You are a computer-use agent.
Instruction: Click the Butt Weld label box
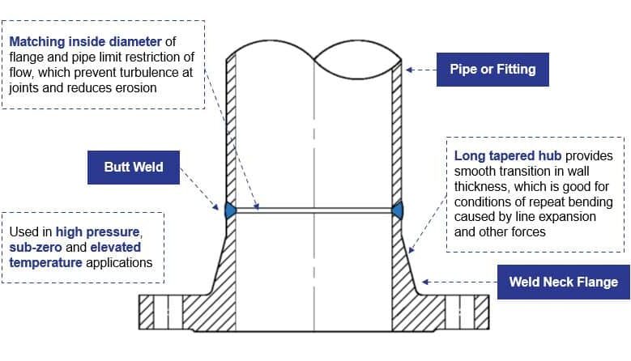tap(134, 168)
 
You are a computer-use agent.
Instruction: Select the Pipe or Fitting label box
tap(492, 70)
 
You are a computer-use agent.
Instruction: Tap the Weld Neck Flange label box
tap(563, 282)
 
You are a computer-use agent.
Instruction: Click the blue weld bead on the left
tap(229, 210)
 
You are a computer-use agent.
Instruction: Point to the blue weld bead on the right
tap(398, 210)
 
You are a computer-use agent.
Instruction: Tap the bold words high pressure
tap(99, 231)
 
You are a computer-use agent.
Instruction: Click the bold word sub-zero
tap(36, 247)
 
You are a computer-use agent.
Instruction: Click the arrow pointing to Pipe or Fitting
tap(421, 70)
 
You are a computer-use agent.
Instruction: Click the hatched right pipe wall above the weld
tap(398, 130)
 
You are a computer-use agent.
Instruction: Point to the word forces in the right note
tap(527, 232)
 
